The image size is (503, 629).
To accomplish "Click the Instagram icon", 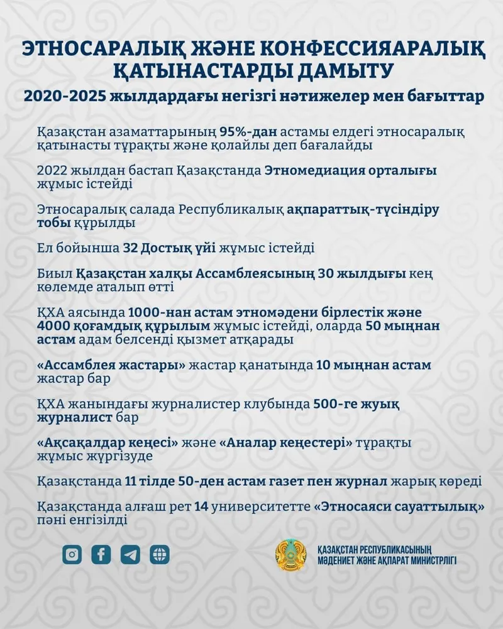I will point(72,554).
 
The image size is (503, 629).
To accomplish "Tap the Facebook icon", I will point(101,554).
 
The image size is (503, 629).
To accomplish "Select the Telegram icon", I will point(131,554).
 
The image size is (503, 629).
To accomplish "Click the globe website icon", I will point(160,554).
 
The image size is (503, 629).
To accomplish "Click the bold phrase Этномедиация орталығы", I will point(350,171).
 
